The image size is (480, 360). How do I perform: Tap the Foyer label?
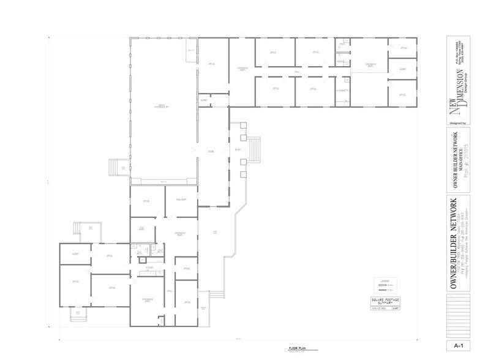tap(210, 151)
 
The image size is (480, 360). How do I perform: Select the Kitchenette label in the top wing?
tap(342, 91)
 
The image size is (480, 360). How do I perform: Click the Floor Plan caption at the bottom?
tap(296, 349)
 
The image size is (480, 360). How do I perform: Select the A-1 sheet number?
tap(459, 346)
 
